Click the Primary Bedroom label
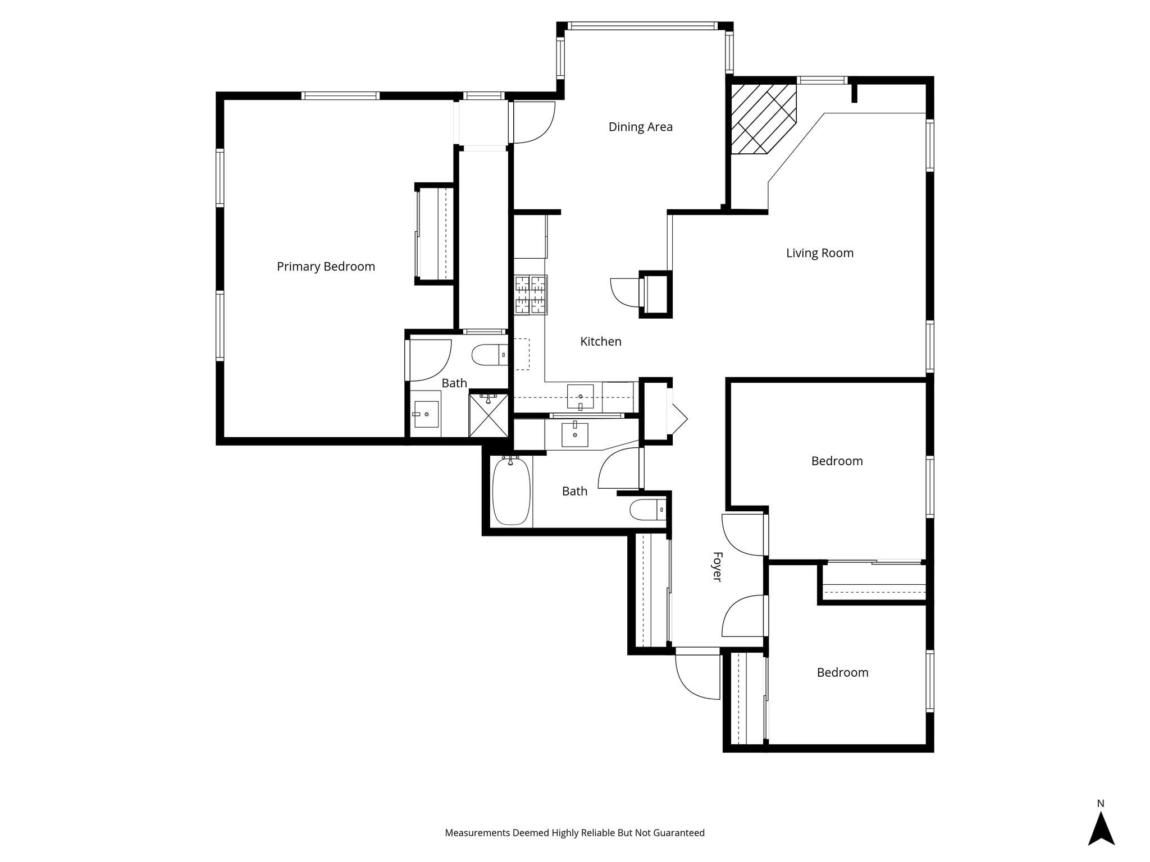(x=326, y=267)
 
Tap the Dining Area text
(x=641, y=127)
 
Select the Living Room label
(x=820, y=253)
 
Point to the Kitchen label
(x=601, y=341)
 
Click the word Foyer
(x=717, y=567)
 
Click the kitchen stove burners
(x=531, y=295)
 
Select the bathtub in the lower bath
(x=511, y=491)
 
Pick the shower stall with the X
(x=489, y=415)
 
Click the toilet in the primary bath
(x=490, y=355)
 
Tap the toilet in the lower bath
(x=648, y=510)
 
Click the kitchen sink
(x=580, y=396)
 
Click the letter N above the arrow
(x=1101, y=804)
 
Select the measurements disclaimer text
(x=574, y=833)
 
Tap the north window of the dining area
(x=642, y=26)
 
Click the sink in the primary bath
(x=426, y=414)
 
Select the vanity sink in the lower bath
(x=575, y=434)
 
